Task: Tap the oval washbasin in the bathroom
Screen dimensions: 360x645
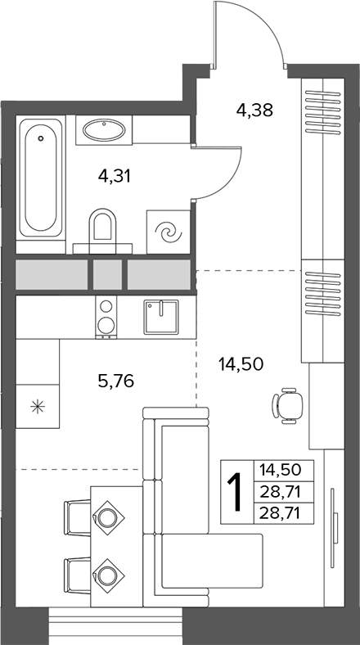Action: (x=104, y=130)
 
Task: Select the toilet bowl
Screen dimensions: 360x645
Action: (x=102, y=230)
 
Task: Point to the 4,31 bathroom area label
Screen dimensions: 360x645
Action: (x=115, y=177)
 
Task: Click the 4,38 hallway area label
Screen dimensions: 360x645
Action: (x=254, y=110)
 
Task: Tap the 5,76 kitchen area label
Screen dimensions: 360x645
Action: (x=116, y=381)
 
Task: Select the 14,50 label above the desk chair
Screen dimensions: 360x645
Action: (x=241, y=364)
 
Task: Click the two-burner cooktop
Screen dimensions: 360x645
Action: (x=106, y=317)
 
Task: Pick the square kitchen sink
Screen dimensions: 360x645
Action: (x=160, y=317)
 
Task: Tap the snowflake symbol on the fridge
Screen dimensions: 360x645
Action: (x=38, y=407)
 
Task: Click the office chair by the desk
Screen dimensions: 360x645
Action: (x=287, y=406)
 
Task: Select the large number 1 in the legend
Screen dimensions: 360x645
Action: (x=236, y=492)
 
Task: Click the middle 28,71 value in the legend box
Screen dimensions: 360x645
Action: (x=284, y=491)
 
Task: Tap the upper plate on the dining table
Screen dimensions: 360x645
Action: (x=108, y=517)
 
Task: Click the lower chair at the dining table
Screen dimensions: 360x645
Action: (x=78, y=575)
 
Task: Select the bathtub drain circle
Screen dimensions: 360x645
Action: (x=40, y=138)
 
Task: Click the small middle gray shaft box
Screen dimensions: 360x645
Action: (x=107, y=274)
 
